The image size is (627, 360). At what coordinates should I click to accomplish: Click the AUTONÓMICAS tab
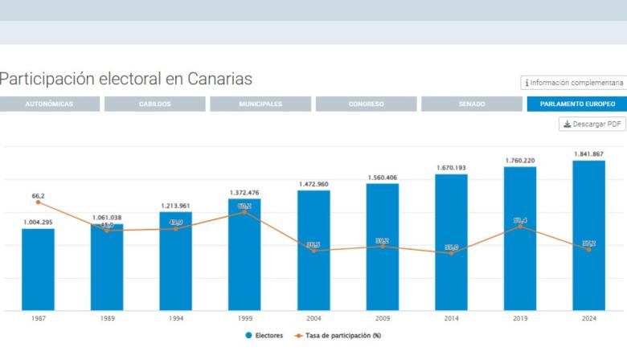50,104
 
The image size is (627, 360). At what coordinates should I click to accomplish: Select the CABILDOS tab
155,104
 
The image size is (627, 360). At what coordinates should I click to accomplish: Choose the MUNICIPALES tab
260,104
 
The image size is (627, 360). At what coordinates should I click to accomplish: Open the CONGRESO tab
366,104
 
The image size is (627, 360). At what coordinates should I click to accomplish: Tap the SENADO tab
472,104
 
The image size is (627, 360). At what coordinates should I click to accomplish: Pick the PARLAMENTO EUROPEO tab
577,104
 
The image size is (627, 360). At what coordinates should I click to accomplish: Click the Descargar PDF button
592,125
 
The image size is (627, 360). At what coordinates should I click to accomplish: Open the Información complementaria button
573,83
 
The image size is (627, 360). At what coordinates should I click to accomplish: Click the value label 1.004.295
38,223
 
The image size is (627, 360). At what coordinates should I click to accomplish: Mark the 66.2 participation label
38,195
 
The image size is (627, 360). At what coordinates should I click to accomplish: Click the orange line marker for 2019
520,227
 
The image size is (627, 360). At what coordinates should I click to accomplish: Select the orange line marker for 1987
38,202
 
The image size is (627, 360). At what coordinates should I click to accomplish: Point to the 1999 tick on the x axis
244,319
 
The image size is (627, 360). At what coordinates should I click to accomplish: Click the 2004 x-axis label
313,319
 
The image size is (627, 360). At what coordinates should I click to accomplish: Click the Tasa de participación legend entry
337,335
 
